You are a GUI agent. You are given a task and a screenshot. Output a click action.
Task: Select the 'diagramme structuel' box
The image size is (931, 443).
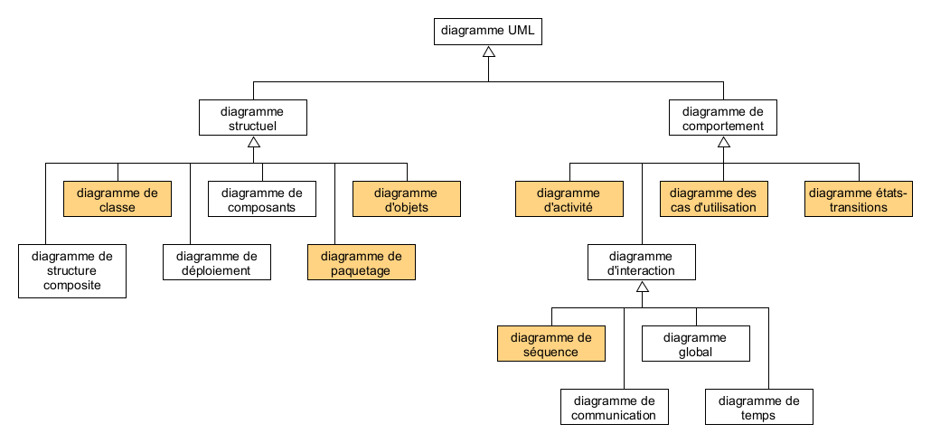(x=253, y=118)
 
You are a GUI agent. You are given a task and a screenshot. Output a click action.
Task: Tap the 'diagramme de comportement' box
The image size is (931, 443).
(x=723, y=118)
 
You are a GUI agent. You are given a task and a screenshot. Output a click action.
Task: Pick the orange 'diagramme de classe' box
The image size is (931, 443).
(x=118, y=199)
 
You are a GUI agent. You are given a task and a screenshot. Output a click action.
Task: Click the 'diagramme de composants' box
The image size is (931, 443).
(x=262, y=199)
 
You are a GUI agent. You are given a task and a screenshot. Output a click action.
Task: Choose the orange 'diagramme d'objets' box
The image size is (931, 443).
(x=406, y=199)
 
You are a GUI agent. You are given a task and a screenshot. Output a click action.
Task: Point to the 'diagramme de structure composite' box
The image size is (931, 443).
(x=72, y=270)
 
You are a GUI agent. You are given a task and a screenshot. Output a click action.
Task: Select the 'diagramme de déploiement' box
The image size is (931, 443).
(x=217, y=262)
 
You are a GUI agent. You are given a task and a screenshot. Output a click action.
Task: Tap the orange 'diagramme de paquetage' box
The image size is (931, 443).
(x=362, y=262)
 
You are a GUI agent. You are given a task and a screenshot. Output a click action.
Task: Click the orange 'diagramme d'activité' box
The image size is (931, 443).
(x=569, y=199)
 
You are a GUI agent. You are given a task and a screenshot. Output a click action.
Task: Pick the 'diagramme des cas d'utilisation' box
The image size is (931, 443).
(x=714, y=199)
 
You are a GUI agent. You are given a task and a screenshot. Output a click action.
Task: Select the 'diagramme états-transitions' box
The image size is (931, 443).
(x=860, y=199)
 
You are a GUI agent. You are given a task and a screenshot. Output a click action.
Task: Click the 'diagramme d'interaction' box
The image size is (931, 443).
(x=642, y=262)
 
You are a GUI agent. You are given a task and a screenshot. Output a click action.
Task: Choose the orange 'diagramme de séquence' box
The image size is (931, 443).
(x=551, y=344)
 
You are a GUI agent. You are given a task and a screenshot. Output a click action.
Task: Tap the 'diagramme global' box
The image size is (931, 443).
(x=696, y=344)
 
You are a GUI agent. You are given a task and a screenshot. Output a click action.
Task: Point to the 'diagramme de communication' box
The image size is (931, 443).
(x=615, y=407)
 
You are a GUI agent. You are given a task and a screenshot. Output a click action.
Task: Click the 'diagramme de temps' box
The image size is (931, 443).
(x=759, y=407)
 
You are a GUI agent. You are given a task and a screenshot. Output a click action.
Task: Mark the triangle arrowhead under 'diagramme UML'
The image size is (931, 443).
(x=488, y=52)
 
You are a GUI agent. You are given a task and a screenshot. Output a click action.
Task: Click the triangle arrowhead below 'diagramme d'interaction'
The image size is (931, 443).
(x=642, y=287)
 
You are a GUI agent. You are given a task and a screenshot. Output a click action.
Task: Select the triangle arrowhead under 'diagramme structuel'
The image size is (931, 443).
(x=253, y=142)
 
